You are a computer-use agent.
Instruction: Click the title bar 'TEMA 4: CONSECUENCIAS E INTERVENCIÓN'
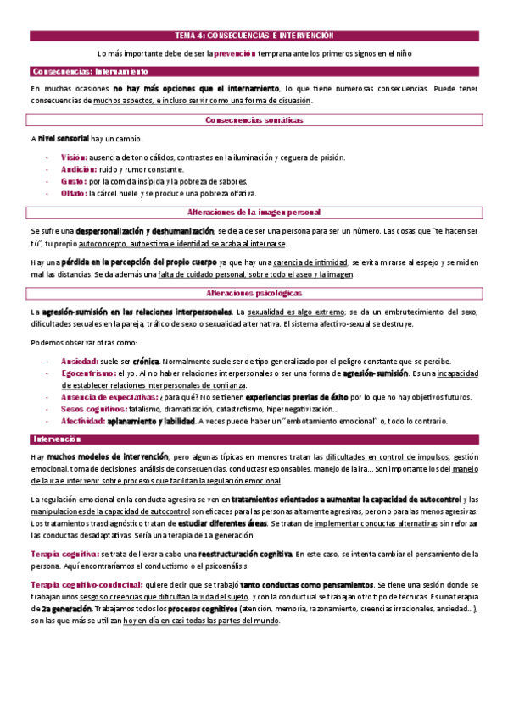click(254, 36)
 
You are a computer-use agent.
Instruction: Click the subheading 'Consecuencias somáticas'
click(254, 121)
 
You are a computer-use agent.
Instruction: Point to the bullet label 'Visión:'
click(74, 157)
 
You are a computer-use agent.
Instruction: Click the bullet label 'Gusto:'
click(74, 181)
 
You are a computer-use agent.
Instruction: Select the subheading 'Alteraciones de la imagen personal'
click(254, 212)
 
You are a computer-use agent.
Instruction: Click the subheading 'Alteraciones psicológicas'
click(254, 292)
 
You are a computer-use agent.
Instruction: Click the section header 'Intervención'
click(55, 439)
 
